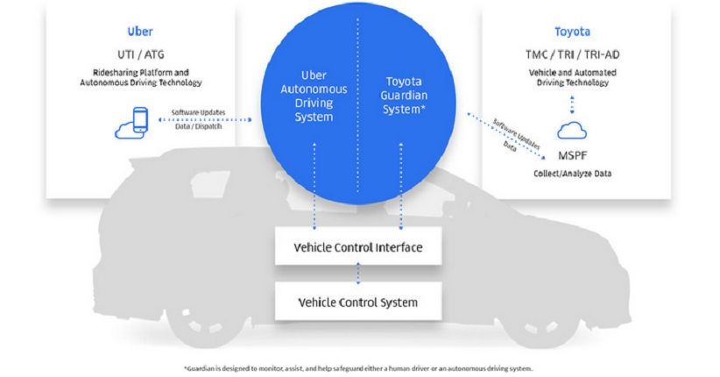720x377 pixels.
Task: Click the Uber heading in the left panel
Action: click(140, 32)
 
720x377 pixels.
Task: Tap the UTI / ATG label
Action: click(140, 54)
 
